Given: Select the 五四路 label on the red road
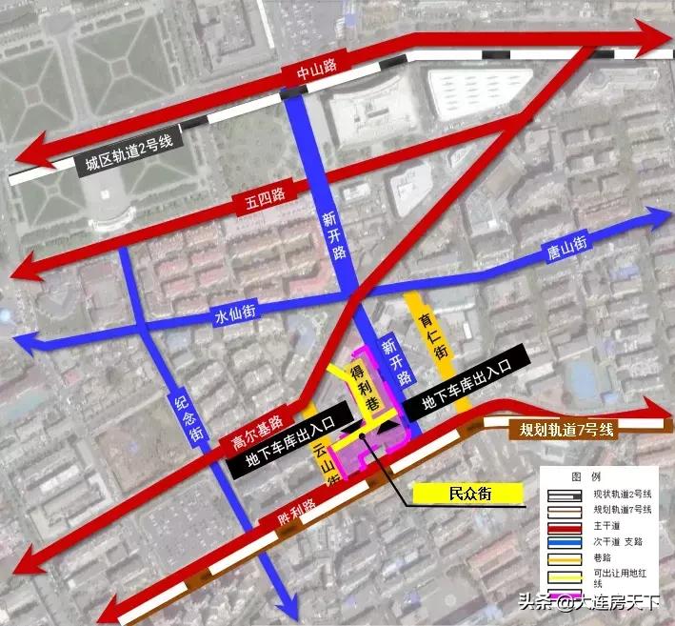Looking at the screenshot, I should (259, 202).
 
